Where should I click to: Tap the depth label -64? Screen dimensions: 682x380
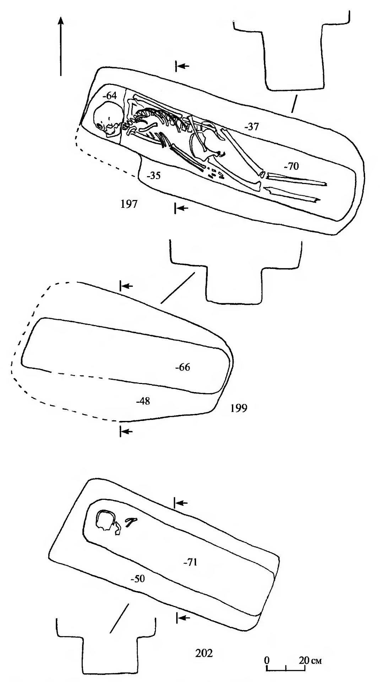tap(109, 96)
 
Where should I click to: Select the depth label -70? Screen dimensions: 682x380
tap(291, 166)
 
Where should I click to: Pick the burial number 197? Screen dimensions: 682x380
tap(129, 205)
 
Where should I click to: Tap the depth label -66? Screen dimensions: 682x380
tap(183, 367)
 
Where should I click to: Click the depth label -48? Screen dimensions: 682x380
tap(143, 401)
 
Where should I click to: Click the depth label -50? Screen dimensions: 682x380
tap(137, 579)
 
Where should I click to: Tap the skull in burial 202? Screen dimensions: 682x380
tap(105, 521)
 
